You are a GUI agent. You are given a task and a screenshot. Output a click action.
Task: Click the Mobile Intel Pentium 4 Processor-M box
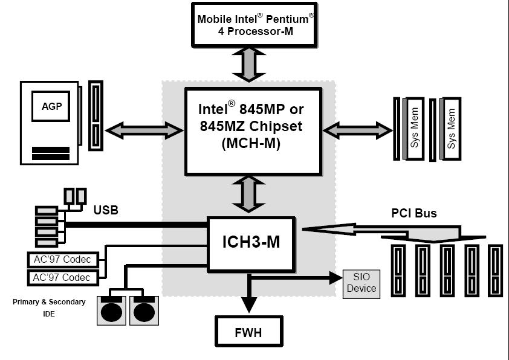[x=253, y=25]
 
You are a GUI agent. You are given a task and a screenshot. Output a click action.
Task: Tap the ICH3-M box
[x=251, y=243]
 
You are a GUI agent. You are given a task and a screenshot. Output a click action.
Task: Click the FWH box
[x=248, y=332]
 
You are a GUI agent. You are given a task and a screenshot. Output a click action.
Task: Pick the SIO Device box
[x=361, y=283]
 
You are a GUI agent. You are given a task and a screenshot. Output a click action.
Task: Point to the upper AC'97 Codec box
[x=62, y=260]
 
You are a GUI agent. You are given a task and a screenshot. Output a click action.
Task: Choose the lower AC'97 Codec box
[x=62, y=277]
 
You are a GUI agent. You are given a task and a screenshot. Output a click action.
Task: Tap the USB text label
[x=106, y=211]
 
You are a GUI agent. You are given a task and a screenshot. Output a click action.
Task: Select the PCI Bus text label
[x=413, y=213]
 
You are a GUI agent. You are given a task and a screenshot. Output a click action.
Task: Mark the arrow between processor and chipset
[x=248, y=64]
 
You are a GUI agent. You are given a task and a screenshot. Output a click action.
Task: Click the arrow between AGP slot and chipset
[x=144, y=129]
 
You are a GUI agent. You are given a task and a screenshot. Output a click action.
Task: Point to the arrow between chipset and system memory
[x=358, y=129]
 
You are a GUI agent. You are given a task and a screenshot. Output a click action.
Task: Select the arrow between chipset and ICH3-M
[x=248, y=194]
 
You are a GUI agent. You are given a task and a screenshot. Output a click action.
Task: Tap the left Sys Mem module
[x=415, y=128]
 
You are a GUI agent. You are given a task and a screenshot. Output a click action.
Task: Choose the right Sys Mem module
[x=451, y=128]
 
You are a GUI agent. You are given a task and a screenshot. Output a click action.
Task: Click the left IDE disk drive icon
[x=111, y=311]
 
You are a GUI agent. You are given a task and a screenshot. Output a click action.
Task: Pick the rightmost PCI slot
[x=495, y=270]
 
